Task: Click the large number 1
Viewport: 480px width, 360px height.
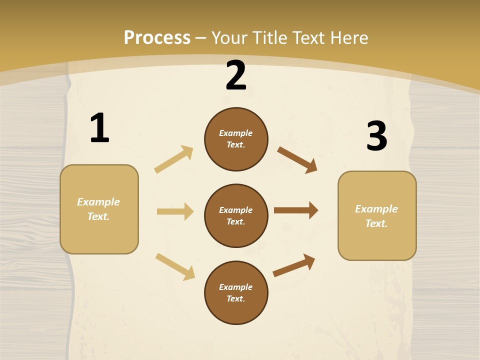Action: [99, 128]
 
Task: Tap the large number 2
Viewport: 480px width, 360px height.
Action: [236, 75]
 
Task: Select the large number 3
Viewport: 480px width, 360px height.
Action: [377, 136]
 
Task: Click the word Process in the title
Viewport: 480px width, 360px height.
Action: [157, 37]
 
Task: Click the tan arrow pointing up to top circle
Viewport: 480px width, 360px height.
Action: [174, 159]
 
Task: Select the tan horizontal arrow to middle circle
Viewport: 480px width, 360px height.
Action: [175, 211]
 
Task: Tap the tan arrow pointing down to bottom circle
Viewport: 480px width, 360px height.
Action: [175, 266]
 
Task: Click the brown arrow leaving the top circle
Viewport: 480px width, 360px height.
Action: [297, 159]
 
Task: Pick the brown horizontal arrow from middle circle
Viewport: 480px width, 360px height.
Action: [296, 210]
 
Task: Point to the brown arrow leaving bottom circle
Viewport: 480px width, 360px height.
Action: [294, 265]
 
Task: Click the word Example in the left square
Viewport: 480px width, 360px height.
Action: [98, 202]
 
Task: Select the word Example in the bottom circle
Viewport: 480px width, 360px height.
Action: [235, 287]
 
